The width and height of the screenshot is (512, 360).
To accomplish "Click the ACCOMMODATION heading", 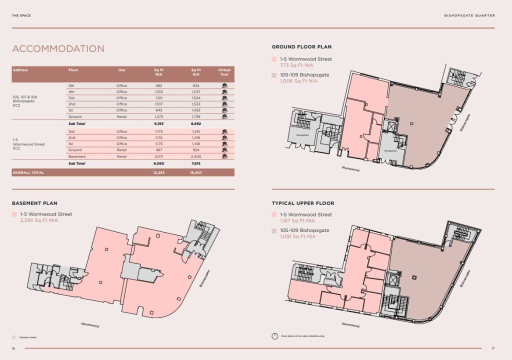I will pyautogui.click(x=58, y=48).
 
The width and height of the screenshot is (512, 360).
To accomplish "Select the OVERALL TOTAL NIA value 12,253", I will pyautogui.click(x=159, y=172).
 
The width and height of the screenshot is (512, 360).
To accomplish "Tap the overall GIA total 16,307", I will pyautogui.click(x=196, y=172).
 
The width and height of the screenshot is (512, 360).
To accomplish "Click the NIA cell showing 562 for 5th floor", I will pyautogui.click(x=159, y=85).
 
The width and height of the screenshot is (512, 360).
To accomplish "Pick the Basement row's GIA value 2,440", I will pyautogui.click(x=196, y=156).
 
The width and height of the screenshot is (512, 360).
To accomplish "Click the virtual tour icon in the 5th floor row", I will pyautogui.click(x=225, y=85).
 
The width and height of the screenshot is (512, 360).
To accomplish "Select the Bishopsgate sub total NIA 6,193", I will pyautogui.click(x=159, y=123).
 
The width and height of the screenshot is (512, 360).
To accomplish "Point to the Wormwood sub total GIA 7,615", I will pyautogui.click(x=196, y=163).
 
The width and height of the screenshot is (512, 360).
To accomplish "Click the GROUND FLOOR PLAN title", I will pyautogui.click(x=301, y=47).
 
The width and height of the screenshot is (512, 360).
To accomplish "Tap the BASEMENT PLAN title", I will pyautogui.click(x=34, y=203).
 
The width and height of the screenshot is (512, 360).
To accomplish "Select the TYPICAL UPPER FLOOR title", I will pyautogui.click(x=303, y=203).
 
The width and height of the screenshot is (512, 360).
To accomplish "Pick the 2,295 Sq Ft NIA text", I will pyautogui.click(x=39, y=220).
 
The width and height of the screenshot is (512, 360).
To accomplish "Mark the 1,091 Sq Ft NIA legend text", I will pyautogui.click(x=297, y=236).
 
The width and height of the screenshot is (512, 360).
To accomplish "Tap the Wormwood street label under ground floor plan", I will pyautogui.click(x=350, y=169).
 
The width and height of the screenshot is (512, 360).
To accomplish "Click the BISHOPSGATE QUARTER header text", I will pyautogui.click(x=469, y=15).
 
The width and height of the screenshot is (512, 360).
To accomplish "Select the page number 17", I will pyautogui.click(x=493, y=348).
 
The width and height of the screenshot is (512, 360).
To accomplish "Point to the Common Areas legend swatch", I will pyautogui.click(x=14, y=337).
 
